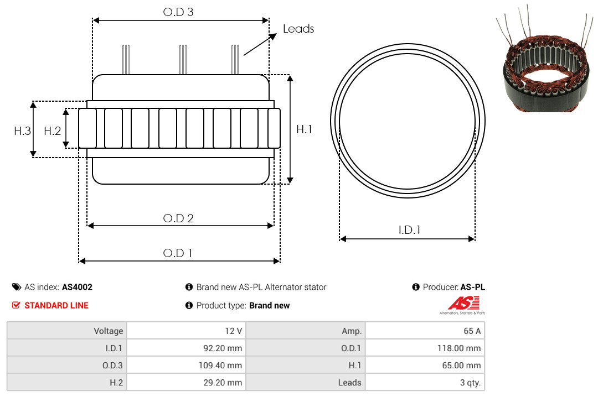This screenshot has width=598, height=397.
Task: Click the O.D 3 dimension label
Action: coord(178,12)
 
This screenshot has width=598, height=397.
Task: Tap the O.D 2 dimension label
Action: coord(178,218)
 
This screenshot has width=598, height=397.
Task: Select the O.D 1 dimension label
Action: coord(178,253)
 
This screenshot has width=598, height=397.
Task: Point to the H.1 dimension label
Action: coord(305,129)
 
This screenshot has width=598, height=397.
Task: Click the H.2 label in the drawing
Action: coord(52,131)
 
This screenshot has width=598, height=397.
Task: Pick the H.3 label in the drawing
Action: coord(22,131)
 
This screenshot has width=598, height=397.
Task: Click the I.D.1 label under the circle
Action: coord(409,230)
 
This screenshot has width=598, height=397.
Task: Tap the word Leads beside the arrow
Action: coord(298,29)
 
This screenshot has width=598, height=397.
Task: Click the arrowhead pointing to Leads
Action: coord(272,36)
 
